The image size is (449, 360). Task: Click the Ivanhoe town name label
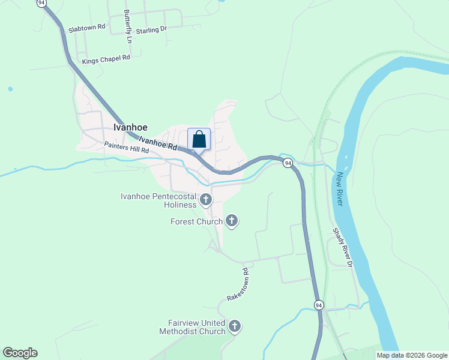click(x=130, y=127)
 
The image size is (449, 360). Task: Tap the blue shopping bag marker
click(x=199, y=140)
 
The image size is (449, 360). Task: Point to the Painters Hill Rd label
click(x=126, y=148)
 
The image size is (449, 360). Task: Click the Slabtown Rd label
click(x=87, y=27)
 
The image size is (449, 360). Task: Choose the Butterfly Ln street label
click(x=128, y=26)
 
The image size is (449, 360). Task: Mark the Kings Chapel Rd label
click(x=106, y=58)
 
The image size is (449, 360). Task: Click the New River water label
click(x=340, y=189)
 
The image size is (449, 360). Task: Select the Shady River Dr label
click(x=342, y=246)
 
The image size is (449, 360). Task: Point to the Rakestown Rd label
click(x=238, y=285)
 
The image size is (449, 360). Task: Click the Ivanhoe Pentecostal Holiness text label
click(x=158, y=200)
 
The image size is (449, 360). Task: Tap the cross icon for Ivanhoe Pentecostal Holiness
click(x=206, y=199)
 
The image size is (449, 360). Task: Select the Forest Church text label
click(x=196, y=222)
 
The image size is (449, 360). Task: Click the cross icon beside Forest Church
click(x=231, y=221)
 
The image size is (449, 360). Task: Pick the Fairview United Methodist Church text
click(x=192, y=327)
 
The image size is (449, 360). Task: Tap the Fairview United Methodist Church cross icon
click(x=235, y=326)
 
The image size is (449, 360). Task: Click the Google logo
click(x=20, y=353)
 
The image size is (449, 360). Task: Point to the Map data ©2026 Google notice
click(x=412, y=355)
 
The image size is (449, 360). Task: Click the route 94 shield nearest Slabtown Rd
click(x=41, y=3)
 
